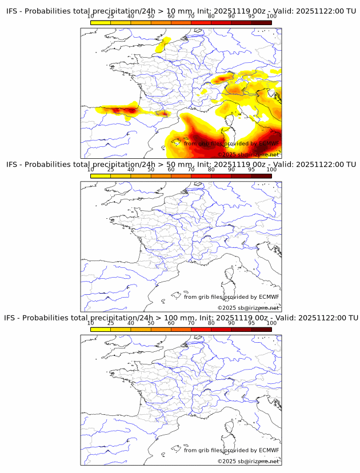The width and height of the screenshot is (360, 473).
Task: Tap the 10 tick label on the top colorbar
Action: pyautogui.click(x=91, y=16)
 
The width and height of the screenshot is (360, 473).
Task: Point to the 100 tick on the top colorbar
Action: pyautogui.click(x=271, y=16)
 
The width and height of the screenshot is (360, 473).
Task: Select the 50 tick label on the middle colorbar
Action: pyautogui.click(x=151, y=170)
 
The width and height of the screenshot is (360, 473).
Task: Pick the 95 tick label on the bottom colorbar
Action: pyautogui.click(x=251, y=323)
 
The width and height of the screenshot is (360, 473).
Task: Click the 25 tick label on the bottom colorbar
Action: pyautogui.click(x=111, y=323)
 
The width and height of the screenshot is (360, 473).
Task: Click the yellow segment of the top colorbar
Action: pyautogui.click(x=101, y=22)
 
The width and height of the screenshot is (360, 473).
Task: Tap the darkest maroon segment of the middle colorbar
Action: pyautogui.click(x=261, y=176)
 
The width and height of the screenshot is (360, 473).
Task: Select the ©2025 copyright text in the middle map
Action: pyautogui.click(x=248, y=307)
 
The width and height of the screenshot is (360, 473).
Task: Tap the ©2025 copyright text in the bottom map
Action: pyautogui.click(x=248, y=461)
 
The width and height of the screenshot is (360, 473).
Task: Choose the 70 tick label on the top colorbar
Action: pyautogui.click(x=191, y=16)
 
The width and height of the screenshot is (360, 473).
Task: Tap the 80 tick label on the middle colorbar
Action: pyautogui.click(x=211, y=170)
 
